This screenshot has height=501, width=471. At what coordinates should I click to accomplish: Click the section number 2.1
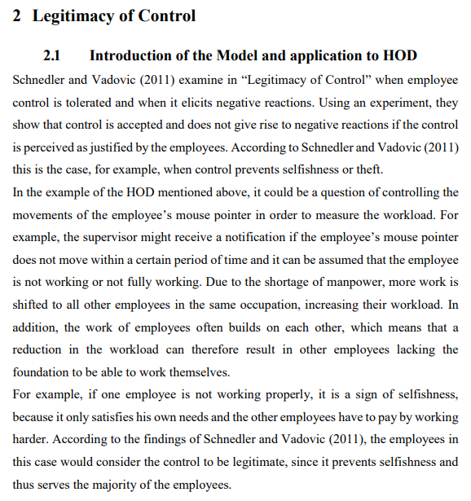point(52,56)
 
